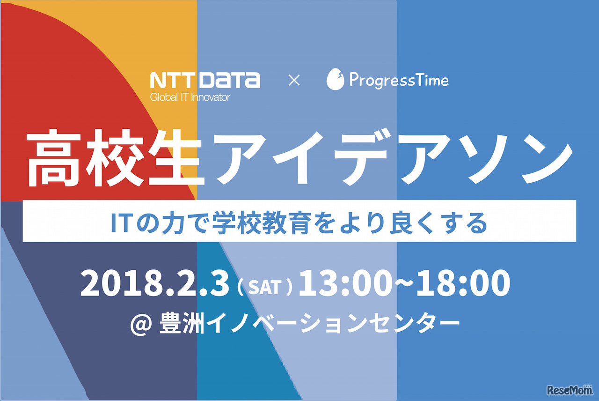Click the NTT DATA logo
pyautogui.click(x=205, y=80)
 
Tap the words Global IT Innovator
pyautogui.click(x=190, y=97)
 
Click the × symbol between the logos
pyautogui.click(x=294, y=80)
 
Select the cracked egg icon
pyautogui.click(x=335, y=79)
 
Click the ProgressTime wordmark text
pyautogui.click(x=399, y=80)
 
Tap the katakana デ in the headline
pyautogui.click(x=365, y=158)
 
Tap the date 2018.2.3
pyautogui.click(x=154, y=283)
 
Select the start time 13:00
pyautogui.click(x=345, y=283)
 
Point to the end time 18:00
pyautogui.click(x=463, y=283)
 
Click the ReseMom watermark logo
pyautogui.click(x=569, y=390)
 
